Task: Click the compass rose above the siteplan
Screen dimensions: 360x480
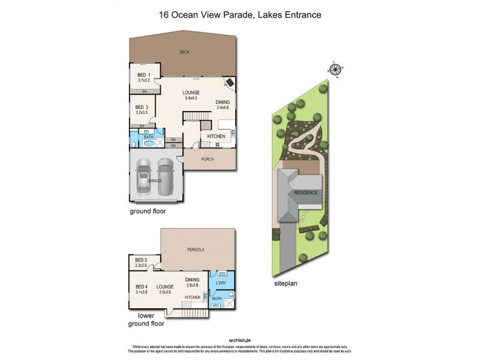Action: tap(336, 69)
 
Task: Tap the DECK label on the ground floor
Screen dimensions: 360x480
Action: tap(184, 52)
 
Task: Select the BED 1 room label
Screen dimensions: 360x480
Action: tap(144, 75)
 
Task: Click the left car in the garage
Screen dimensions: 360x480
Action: tap(145, 176)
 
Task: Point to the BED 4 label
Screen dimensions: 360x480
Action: tap(141, 287)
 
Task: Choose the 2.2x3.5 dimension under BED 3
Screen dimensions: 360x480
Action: tap(141, 265)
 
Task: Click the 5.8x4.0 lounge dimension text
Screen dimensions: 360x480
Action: tap(191, 98)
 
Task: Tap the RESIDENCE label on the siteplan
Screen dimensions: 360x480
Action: tap(305, 193)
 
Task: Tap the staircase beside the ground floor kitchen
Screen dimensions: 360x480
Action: tap(206, 125)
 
